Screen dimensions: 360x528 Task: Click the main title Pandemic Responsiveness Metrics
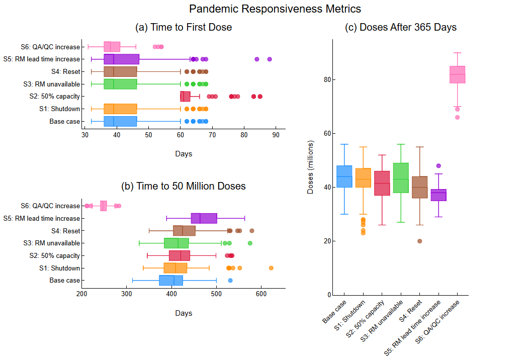(275, 9)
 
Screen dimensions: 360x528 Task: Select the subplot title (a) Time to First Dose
(184, 27)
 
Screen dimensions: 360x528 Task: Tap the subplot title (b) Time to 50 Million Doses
(184, 186)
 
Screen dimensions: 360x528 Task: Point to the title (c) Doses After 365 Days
(401, 27)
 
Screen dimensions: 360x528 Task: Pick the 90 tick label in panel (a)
(276, 135)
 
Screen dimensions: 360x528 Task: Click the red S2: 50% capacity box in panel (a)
(185, 97)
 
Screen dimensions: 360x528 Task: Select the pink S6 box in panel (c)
(457, 74)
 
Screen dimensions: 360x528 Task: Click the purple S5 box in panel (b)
(204, 218)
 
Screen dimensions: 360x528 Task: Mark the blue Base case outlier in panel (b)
(230, 281)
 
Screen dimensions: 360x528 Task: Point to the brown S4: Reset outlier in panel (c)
(419, 241)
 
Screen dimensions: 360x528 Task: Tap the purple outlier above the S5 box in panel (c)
(438, 166)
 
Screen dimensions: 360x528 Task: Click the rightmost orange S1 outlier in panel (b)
(271, 268)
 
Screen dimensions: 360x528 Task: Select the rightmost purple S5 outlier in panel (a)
(270, 59)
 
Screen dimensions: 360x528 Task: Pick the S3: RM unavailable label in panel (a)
(52, 84)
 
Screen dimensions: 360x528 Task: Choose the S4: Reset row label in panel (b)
(65, 231)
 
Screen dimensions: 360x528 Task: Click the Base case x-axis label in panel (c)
(333, 312)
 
